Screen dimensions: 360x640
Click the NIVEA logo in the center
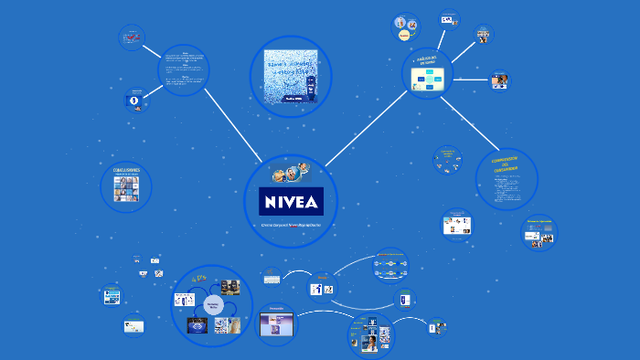tap(292, 201)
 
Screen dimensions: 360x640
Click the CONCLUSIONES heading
tap(126, 170)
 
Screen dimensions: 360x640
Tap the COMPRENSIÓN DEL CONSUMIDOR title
tap(506, 165)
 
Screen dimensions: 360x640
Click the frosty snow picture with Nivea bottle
tap(291, 77)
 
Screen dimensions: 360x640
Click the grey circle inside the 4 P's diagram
tap(213, 306)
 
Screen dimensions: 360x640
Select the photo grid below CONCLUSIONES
tap(126, 188)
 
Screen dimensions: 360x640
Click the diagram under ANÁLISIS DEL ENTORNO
tap(427, 81)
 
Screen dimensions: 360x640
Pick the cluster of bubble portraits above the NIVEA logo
tap(291, 173)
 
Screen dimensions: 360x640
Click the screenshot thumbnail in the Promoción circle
tap(277, 323)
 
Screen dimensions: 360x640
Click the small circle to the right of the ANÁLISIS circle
tap(498, 79)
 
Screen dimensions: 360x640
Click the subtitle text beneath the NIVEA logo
tap(292, 225)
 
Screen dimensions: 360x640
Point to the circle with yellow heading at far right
tap(539, 232)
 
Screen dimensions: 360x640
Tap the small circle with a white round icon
tap(133, 100)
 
